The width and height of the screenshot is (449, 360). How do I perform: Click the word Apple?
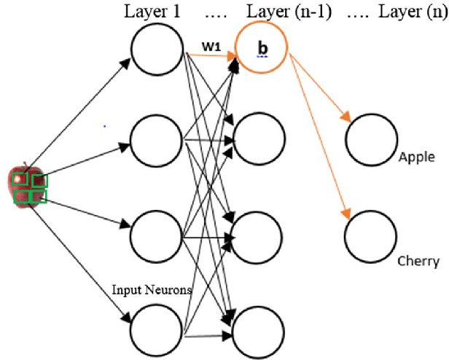tap(417, 157)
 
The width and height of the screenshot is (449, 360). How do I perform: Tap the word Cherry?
tap(418, 262)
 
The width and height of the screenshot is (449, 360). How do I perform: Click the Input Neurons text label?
tap(152, 289)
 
